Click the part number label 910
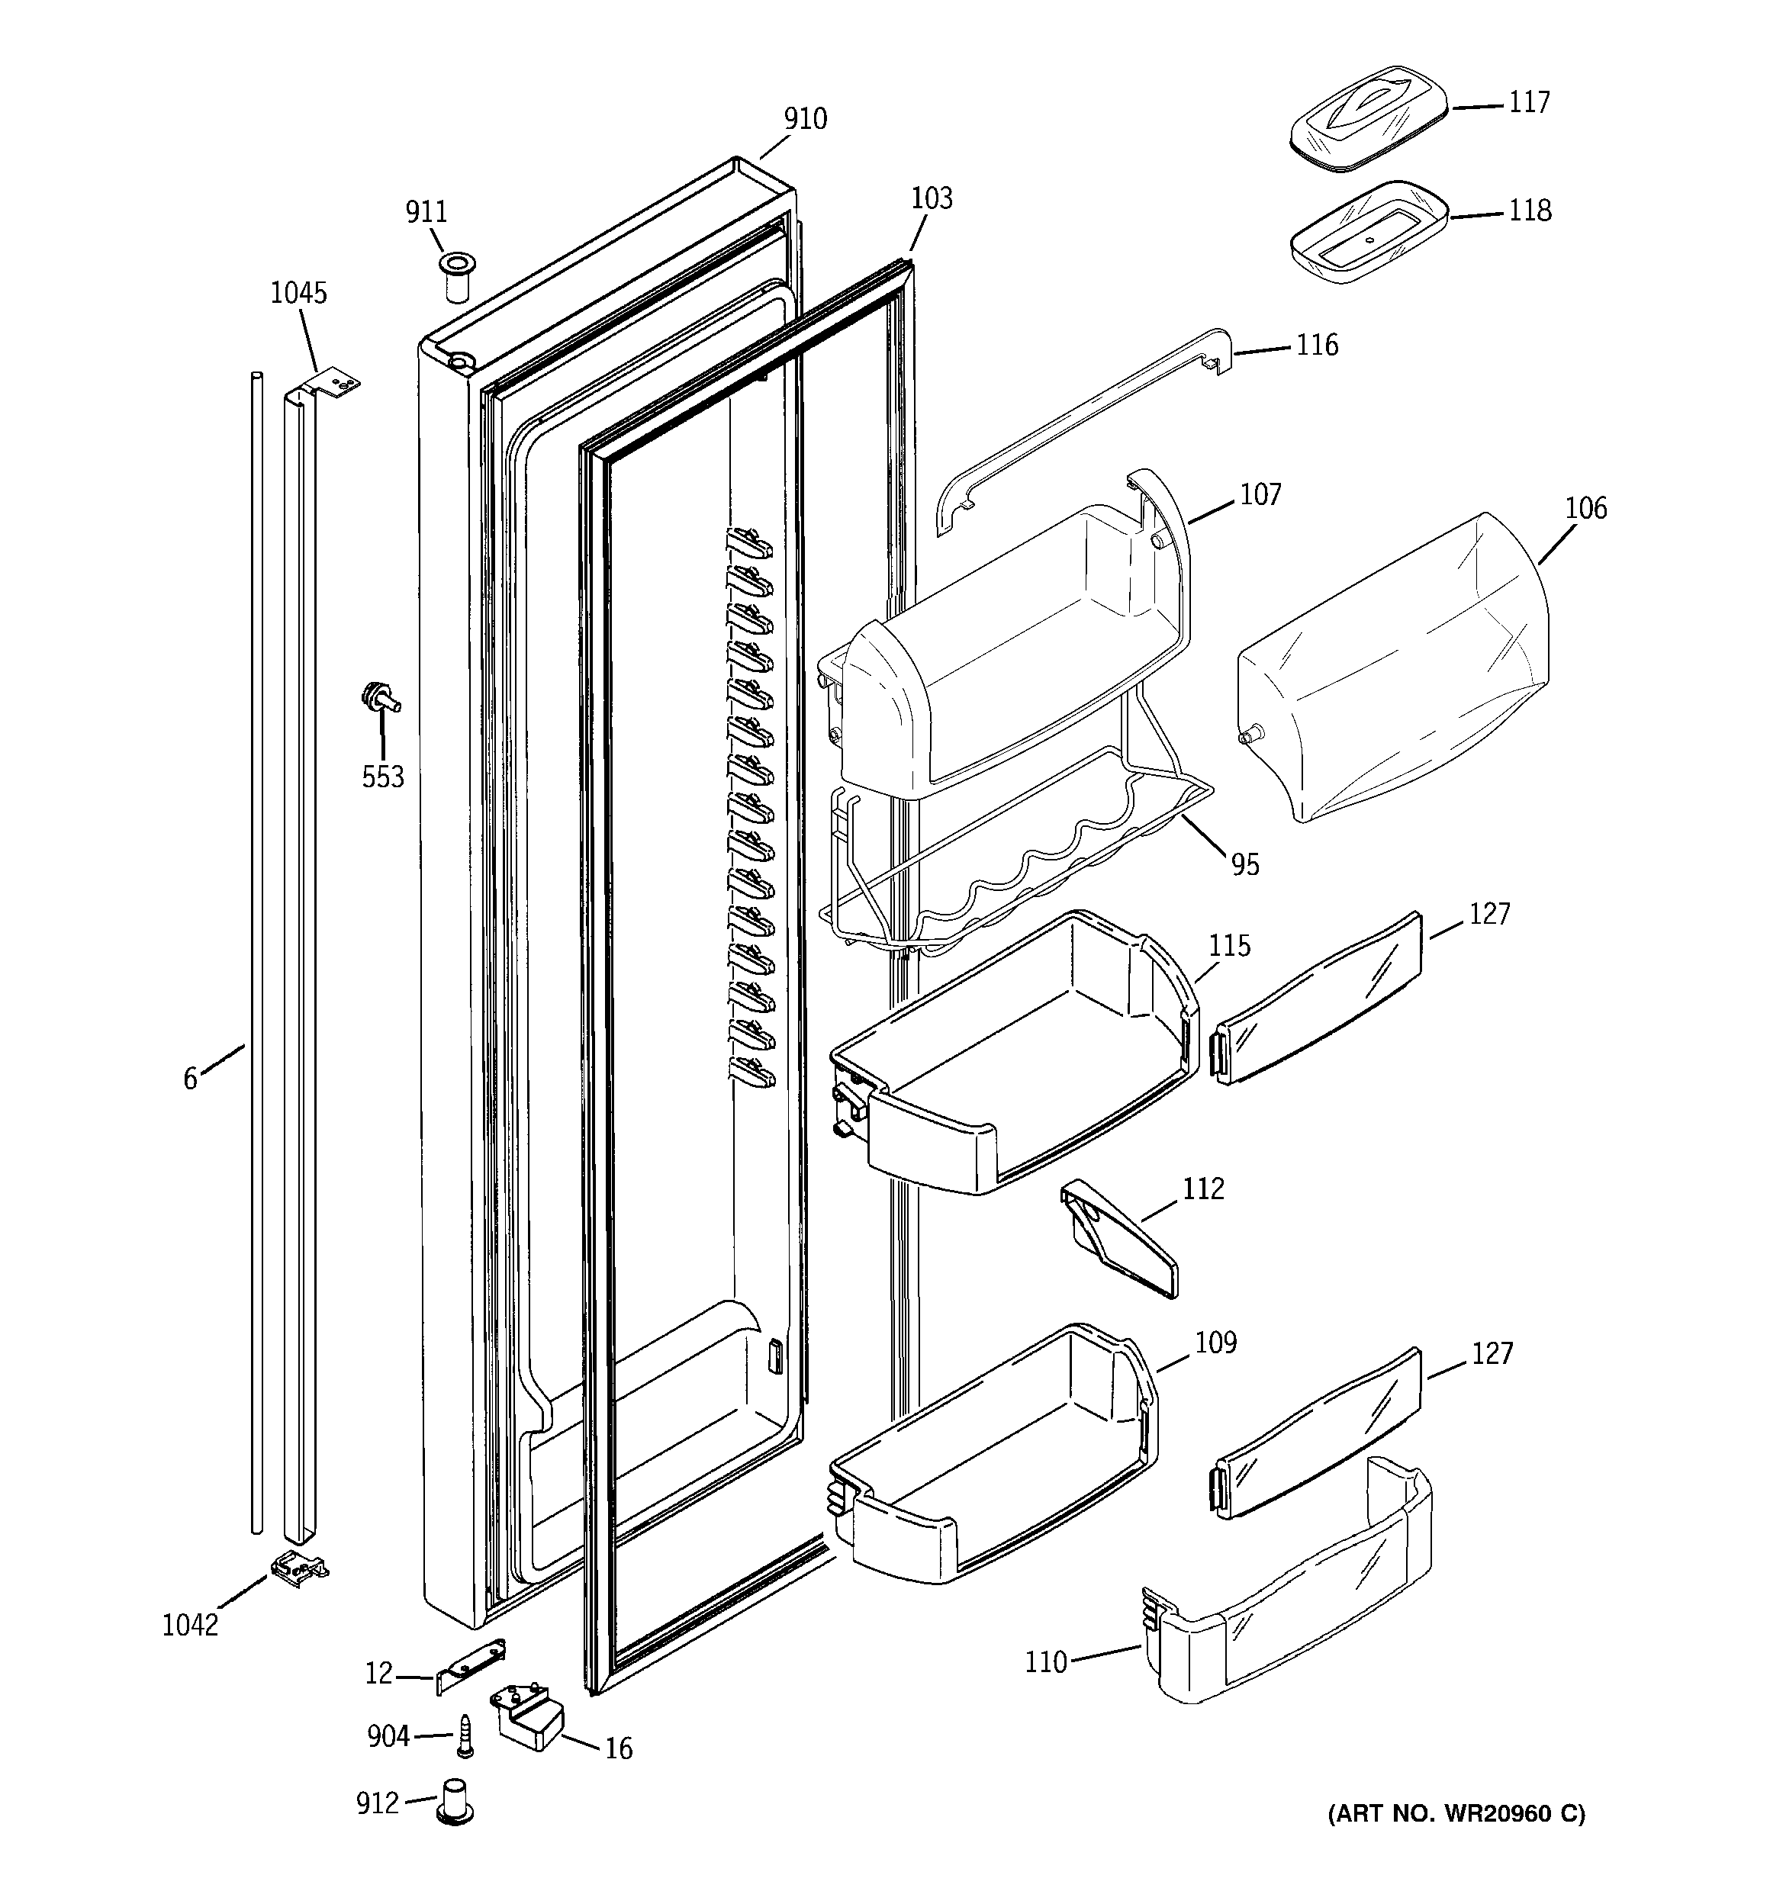pos(805,120)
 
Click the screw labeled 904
pos(465,1735)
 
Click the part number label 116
pos(1317,345)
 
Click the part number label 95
pos(1244,864)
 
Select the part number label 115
pos(1229,946)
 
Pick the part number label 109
pos(1215,1343)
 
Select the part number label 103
pos(931,198)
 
